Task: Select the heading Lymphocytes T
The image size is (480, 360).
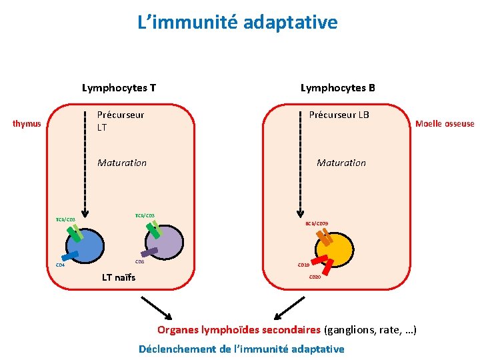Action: tap(119, 87)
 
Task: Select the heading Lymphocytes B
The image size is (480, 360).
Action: tap(338, 87)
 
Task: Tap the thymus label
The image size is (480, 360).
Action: tap(27, 123)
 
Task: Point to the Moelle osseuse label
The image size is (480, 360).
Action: tap(445, 123)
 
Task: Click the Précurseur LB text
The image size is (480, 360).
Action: tap(339, 115)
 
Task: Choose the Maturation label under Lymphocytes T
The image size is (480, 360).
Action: tap(122, 163)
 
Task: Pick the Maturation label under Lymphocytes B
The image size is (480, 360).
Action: tap(341, 163)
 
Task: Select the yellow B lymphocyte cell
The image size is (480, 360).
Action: tap(339, 250)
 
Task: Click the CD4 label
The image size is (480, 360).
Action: tap(60, 265)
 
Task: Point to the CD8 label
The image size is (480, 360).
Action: tap(140, 262)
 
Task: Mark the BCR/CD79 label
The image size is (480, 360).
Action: tap(317, 224)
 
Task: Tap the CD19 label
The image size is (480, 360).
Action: tap(303, 265)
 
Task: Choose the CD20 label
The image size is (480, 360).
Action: tap(314, 277)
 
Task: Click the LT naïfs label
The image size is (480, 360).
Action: tap(118, 277)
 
